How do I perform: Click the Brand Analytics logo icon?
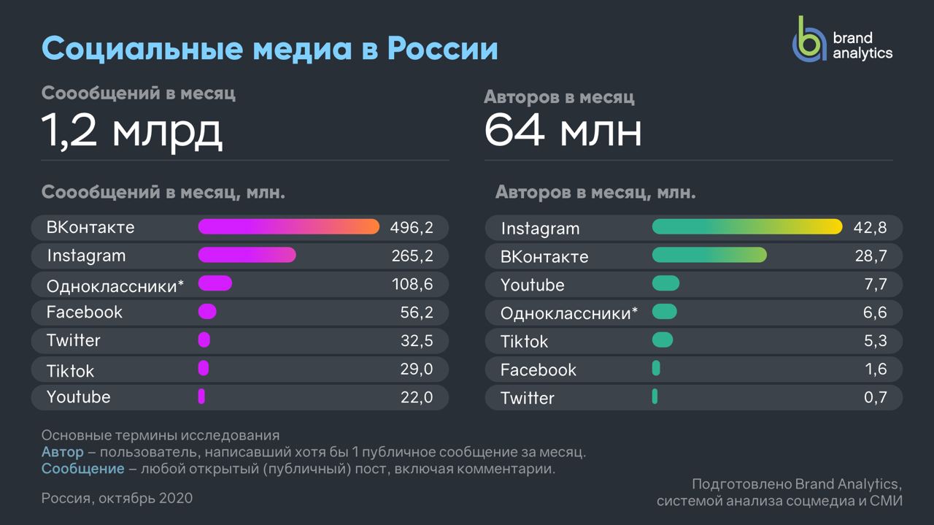pos(809,41)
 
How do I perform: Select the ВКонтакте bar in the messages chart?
pos(288,227)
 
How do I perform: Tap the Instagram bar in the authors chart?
pos(746,227)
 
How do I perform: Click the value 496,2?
pos(412,228)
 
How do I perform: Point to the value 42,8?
pos(870,228)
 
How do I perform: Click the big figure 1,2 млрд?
pos(131,131)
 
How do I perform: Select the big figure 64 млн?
pos(563,131)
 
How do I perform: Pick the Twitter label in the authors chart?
pos(527,398)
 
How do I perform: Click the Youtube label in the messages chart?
pos(78,397)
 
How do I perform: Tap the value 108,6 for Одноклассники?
pos(412,284)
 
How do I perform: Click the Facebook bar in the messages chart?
pos(207,312)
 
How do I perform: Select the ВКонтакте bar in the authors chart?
pos(709,255)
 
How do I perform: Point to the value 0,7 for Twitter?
pos(875,398)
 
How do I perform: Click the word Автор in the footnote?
pos(62,452)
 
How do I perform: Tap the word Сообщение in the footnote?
pos(82,469)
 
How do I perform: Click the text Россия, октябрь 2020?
pos(117,498)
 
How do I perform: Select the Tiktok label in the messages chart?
pos(70,371)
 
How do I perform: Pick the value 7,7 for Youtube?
pos(875,285)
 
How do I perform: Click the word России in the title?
pos(442,49)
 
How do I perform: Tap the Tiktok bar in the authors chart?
pos(662,340)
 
